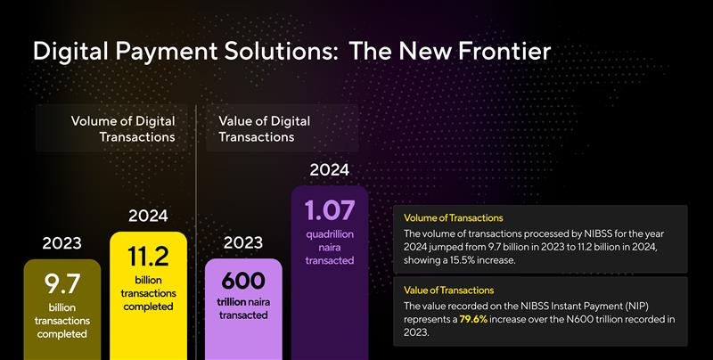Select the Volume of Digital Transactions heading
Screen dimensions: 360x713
pyautogui.click(x=123, y=128)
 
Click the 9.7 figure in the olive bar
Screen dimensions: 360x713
pyautogui.click(x=62, y=284)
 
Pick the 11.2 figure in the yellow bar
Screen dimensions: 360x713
pyautogui.click(x=149, y=258)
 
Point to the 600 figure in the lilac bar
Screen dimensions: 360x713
pyautogui.click(x=243, y=281)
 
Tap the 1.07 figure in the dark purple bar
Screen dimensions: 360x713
pyautogui.click(x=329, y=210)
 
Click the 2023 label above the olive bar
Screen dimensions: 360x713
pyautogui.click(x=61, y=242)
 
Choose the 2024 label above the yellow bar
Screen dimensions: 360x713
pyautogui.click(x=148, y=216)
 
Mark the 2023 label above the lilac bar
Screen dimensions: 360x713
pyautogui.click(x=243, y=242)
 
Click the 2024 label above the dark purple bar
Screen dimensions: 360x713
pyautogui.click(x=329, y=169)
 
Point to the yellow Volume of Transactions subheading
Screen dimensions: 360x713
pyautogui.click(x=453, y=217)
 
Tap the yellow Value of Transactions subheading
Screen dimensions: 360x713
pyautogui.click(x=448, y=290)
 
